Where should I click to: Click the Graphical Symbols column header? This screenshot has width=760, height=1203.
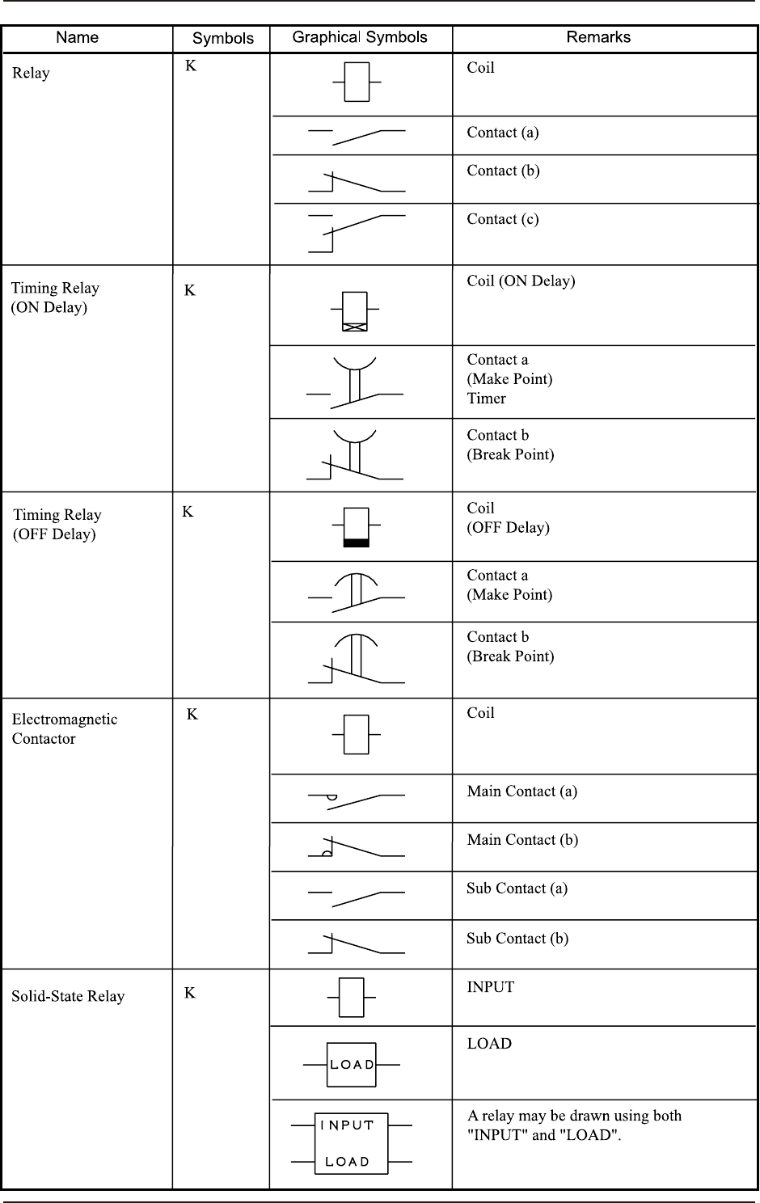tap(360, 37)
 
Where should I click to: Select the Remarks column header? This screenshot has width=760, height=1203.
tap(598, 37)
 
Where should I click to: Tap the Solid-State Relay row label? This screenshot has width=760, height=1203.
tap(68, 996)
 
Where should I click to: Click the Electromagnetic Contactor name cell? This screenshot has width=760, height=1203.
tap(64, 728)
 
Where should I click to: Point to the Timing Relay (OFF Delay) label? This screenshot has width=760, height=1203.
tap(57, 524)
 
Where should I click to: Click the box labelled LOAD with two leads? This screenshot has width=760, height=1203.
tap(352, 1065)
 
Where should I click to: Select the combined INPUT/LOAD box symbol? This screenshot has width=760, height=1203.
tap(352, 1143)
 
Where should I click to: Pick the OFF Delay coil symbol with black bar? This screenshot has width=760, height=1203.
tap(356, 527)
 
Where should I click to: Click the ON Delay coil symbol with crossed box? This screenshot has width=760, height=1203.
tap(354, 311)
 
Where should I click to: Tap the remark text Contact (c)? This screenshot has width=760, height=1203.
tap(502, 219)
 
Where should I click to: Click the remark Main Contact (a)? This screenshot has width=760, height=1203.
tap(521, 791)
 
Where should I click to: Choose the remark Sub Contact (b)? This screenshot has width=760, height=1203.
tap(517, 939)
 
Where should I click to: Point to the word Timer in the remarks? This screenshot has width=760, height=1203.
tap(486, 399)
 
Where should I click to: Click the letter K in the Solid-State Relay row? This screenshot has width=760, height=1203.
tap(190, 993)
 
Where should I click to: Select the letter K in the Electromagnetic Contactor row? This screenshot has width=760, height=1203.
tap(192, 714)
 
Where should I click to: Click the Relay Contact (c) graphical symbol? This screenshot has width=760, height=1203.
tap(356, 233)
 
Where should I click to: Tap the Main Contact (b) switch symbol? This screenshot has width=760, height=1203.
tap(356, 846)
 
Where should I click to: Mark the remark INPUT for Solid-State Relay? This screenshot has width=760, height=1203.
tap(490, 987)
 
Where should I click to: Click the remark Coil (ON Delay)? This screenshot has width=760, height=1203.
tap(521, 281)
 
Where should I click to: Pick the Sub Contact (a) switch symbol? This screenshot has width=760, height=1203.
tap(356, 897)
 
